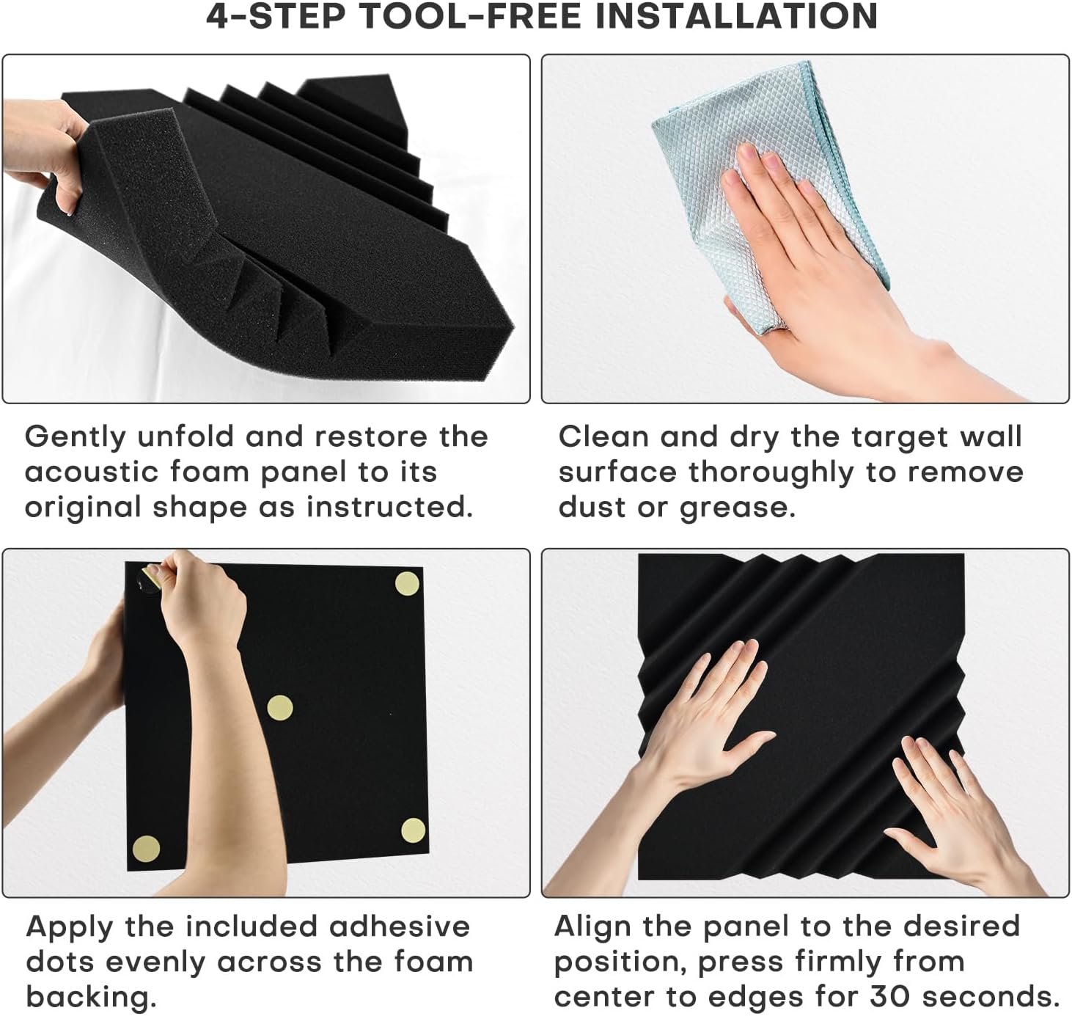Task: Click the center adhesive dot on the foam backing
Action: tap(279, 708)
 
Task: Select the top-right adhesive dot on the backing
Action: tap(408, 584)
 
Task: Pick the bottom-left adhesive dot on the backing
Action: tap(146, 849)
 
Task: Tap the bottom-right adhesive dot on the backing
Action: tap(413, 830)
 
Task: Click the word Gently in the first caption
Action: tap(76, 438)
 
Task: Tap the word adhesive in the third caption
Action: tap(400, 927)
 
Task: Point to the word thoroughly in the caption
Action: tap(771, 474)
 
